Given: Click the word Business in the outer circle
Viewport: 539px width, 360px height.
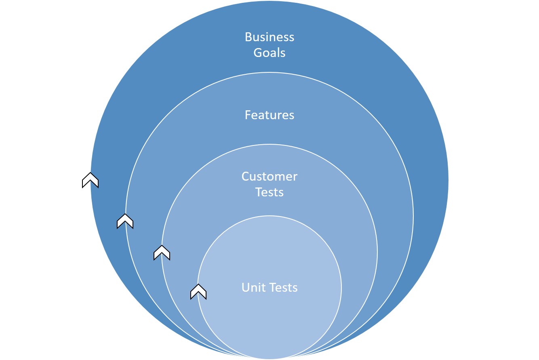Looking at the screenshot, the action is click(269, 37).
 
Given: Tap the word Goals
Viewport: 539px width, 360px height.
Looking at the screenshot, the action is click(269, 53).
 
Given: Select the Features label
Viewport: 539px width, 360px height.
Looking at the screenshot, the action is click(269, 115).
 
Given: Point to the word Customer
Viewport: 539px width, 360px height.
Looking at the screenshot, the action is click(269, 177).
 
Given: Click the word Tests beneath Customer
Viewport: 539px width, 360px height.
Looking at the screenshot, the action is click(269, 192).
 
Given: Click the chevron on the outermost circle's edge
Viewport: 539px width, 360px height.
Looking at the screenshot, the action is click(91, 180).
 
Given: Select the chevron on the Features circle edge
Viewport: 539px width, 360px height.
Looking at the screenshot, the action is click(125, 221).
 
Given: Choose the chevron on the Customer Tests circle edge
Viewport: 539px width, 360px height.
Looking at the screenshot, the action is click(162, 253).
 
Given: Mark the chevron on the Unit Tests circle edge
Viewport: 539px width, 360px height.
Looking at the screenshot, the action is click(198, 292).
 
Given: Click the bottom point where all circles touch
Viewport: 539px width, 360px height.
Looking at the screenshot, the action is click(269, 358).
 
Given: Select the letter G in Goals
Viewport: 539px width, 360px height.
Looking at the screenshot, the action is click(257, 53).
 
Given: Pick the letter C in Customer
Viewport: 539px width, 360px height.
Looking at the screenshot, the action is click(246, 177).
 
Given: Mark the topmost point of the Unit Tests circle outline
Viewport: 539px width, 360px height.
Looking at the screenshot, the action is click(269, 216).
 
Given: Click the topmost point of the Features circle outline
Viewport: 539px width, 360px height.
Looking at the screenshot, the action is click(269, 72).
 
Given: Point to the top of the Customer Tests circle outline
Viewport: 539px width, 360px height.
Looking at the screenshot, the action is click(269, 144).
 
